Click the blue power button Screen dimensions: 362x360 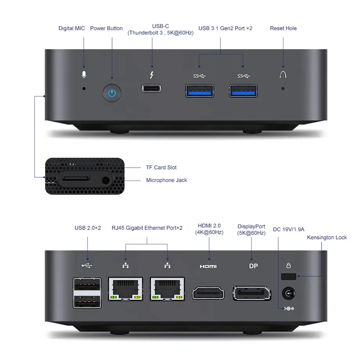[x=112, y=93]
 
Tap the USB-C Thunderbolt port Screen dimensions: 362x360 [x=152, y=88]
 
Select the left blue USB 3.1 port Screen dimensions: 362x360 [x=200, y=91]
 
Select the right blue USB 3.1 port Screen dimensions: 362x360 [x=243, y=91]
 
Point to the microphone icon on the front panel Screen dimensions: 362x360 [x=84, y=75]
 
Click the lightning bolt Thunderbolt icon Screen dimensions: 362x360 [x=152, y=75]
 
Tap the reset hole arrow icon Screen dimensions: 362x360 [x=283, y=75]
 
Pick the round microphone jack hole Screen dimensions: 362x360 [x=105, y=180]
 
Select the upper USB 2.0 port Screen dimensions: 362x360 [x=87, y=284]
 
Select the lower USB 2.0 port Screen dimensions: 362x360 [x=87, y=302]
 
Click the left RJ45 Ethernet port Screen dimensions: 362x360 [x=125, y=289]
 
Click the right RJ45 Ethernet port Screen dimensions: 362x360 [x=167, y=289]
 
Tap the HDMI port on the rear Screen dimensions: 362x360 [x=208, y=293]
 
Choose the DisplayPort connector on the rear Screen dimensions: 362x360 [x=252, y=293]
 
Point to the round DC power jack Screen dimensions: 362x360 [x=289, y=293]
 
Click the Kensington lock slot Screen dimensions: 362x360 [x=289, y=276]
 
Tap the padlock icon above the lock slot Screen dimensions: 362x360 [x=289, y=265]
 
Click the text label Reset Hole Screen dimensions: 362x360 [x=283, y=28]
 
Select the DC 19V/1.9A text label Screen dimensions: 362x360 [x=289, y=229]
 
